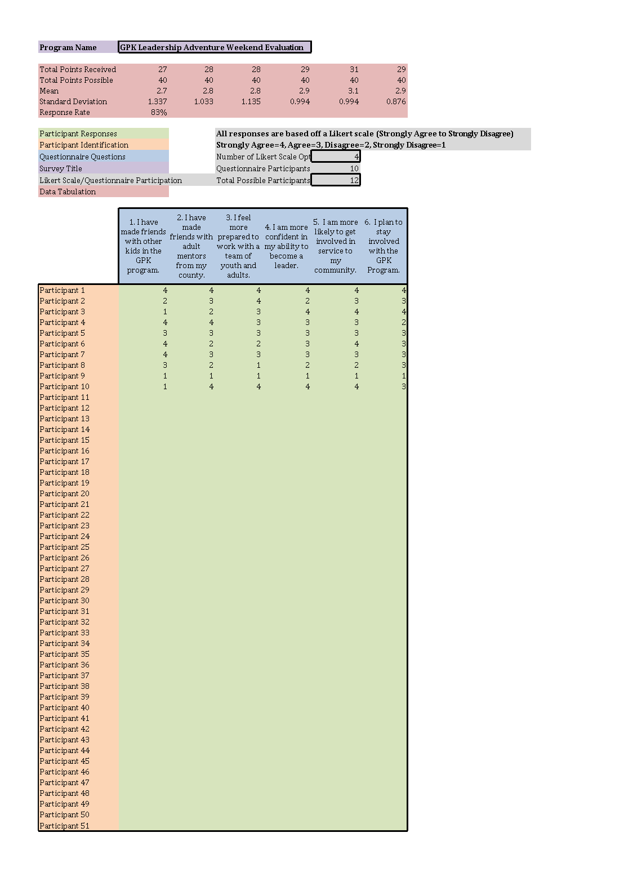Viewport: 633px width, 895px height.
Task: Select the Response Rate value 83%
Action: (159, 112)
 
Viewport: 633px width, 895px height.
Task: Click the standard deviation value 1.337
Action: (157, 101)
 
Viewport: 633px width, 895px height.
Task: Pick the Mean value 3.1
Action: (353, 91)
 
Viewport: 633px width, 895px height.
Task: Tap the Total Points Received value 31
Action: (354, 69)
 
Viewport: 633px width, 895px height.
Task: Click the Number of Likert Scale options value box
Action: (336, 157)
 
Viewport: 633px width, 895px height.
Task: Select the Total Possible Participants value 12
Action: (336, 180)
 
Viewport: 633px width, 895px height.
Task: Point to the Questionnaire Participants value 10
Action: (354, 168)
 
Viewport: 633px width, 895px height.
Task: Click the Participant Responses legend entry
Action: (78, 133)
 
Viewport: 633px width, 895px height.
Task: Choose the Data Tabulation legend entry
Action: (68, 192)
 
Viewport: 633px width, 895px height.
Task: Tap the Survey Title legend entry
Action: (61, 168)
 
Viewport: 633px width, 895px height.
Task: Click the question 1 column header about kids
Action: (143, 246)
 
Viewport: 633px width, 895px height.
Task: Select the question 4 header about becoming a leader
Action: (286, 246)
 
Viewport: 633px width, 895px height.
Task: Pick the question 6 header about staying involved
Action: (384, 246)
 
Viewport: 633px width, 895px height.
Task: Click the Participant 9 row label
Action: (63, 376)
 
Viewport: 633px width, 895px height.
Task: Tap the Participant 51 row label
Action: (65, 826)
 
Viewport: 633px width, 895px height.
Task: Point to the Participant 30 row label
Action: (65, 600)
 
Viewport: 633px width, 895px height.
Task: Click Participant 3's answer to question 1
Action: (165, 311)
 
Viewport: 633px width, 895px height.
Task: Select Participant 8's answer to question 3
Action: (258, 365)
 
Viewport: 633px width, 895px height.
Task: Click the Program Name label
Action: (68, 47)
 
